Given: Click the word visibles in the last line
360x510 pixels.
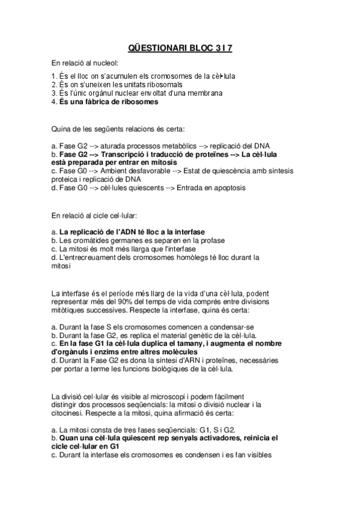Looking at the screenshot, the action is [259, 455].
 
